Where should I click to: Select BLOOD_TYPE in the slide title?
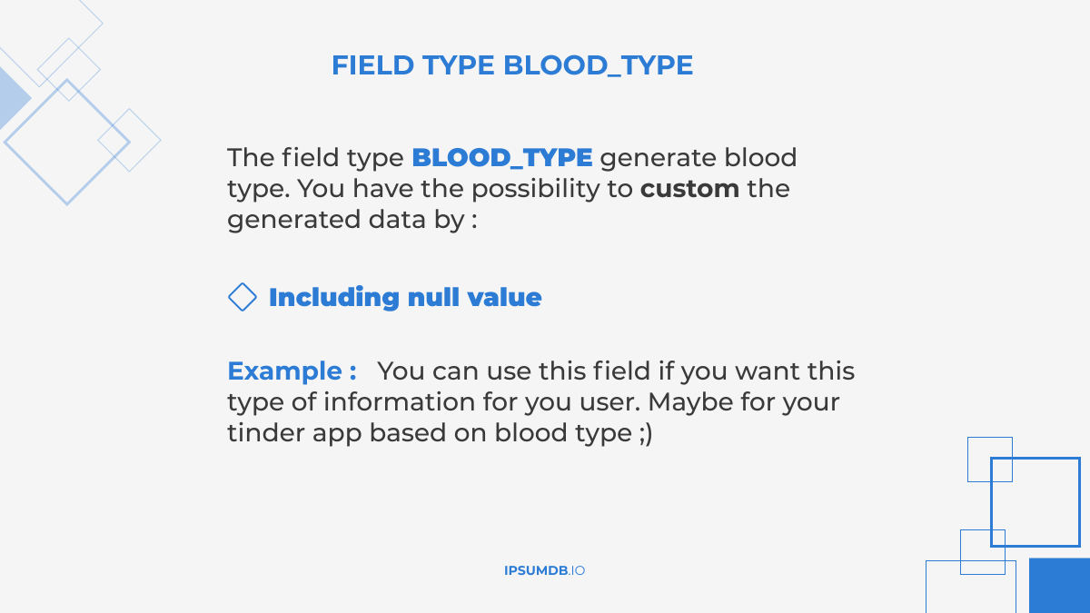(x=598, y=65)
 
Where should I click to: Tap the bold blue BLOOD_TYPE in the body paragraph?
(x=501, y=157)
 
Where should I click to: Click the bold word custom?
(x=689, y=189)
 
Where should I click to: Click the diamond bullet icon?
(x=242, y=297)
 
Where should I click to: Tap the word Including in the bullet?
(x=333, y=297)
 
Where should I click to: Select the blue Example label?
(x=291, y=371)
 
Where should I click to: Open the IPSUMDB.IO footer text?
(x=544, y=570)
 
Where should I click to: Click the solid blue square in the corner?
(x=1059, y=586)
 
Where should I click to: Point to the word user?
(x=608, y=401)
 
